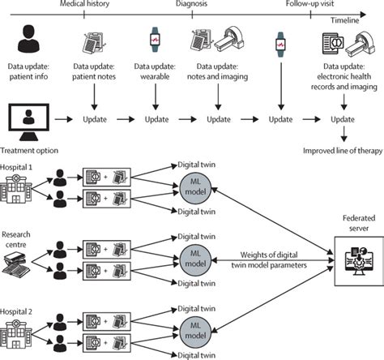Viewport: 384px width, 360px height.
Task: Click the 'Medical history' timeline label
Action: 84,3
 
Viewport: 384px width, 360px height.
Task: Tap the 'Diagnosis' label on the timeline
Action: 191,3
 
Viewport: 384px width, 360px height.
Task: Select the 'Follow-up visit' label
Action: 309,3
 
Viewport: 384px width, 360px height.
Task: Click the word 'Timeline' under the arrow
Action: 345,20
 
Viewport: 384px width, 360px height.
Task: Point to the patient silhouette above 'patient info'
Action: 28,39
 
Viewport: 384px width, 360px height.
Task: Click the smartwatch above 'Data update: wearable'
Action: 155,40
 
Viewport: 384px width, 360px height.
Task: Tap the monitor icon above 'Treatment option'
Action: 28,122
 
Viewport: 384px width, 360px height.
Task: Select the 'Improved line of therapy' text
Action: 343,151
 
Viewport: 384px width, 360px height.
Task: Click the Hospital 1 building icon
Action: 16,189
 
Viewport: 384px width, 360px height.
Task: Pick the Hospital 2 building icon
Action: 16,333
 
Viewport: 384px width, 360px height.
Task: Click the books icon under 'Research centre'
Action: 16,264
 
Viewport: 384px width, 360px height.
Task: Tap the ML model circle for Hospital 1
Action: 195,187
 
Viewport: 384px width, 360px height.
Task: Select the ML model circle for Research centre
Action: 195,259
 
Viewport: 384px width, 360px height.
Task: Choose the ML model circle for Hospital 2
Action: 195,331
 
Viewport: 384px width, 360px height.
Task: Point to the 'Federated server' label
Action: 359,223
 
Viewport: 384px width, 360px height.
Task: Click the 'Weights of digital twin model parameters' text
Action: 269,259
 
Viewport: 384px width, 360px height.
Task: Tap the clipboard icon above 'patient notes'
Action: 93,43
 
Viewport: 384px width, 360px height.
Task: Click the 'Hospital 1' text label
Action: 16,167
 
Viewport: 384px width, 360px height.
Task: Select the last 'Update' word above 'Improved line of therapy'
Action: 343,119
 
